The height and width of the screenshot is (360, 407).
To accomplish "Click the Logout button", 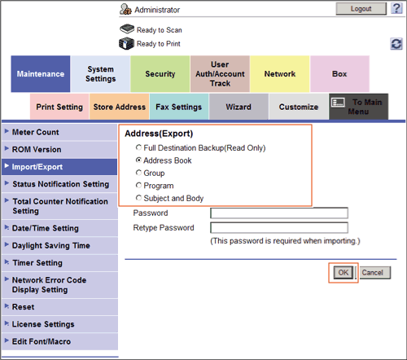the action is (361, 9).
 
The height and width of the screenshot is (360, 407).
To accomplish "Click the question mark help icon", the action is (396, 9).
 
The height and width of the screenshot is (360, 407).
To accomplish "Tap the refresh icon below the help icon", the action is (396, 44).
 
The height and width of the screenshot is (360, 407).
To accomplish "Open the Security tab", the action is (160, 74).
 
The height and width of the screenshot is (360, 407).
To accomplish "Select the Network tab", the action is (280, 74).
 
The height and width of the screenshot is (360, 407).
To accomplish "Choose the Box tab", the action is (339, 74).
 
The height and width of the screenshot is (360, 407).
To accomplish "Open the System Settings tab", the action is (100, 74).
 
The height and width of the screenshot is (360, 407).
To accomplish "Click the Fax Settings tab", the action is (179, 107).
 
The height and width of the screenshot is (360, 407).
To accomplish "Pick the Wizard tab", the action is (239, 107).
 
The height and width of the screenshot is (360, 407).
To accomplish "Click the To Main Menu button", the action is (358, 107).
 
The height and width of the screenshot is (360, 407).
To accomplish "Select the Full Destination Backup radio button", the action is (138, 147).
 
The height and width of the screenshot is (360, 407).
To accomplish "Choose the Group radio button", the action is (138, 173).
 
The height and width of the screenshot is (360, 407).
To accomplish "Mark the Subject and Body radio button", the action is (138, 198).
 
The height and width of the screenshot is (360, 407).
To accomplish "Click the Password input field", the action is (279, 213).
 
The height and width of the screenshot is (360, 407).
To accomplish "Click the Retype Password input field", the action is (279, 227).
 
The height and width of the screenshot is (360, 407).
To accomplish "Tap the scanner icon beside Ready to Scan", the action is (127, 29).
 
